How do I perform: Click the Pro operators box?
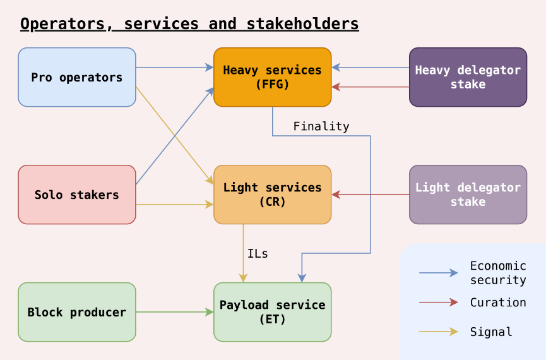[x=77, y=77]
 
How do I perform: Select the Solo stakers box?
[x=77, y=195]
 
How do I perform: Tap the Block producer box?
[x=77, y=312]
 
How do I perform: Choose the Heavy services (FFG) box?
[x=272, y=77]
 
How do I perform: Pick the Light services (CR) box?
[x=272, y=195]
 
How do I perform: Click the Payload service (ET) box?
[x=272, y=312]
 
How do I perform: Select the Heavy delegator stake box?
[x=468, y=77]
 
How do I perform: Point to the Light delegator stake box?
[x=468, y=195]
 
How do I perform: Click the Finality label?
[x=321, y=126]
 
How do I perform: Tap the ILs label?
[x=258, y=254]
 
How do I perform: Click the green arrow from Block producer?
[x=174, y=312]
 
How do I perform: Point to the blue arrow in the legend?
[x=439, y=273]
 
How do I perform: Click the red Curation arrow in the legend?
[x=439, y=303]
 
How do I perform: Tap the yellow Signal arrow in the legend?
[x=439, y=332]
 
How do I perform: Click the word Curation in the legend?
[x=498, y=303]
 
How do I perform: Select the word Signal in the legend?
[x=491, y=332]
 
